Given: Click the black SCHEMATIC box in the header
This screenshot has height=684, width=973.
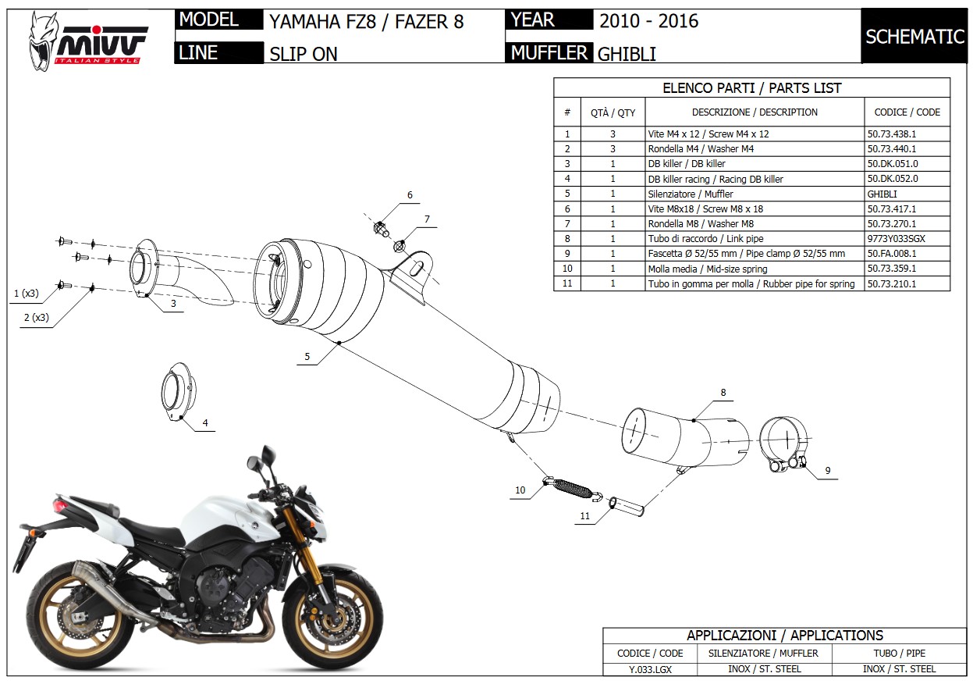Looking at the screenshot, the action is coord(914,36).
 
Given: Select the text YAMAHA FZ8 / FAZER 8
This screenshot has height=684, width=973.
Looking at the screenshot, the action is coord(366,21).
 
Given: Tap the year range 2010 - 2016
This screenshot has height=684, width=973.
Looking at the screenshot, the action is coord(649,21).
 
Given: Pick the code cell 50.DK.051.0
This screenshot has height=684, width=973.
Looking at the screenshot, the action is coord(893,164).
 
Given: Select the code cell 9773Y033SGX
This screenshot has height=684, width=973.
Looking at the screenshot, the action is coord(896,239).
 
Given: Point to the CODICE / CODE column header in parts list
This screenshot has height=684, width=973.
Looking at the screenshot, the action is coord(907,112).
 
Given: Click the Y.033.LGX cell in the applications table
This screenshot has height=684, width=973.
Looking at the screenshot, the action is coord(650,669).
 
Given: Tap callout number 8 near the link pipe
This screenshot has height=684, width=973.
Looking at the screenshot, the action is coord(723,393).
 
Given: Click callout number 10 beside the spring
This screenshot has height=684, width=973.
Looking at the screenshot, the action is coord(520,490).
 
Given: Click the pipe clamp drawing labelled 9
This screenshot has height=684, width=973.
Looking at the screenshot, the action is coord(783,444).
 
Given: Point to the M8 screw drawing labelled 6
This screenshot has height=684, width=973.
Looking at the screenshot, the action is coord(381,229).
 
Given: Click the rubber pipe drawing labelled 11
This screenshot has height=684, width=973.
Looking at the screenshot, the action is coord(626,507).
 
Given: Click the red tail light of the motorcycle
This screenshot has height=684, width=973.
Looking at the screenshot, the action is coord(60,506).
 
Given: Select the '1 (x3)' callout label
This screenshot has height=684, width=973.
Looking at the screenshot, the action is coord(26,294).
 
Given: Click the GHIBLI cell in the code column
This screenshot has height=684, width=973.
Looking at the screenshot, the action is coord(882,194).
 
